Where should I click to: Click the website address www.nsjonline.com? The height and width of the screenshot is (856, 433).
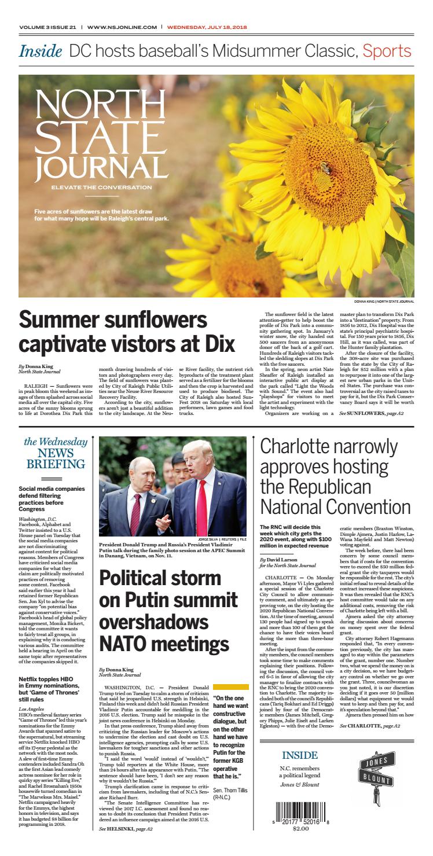(122, 27)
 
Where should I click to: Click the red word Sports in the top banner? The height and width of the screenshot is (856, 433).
(387, 51)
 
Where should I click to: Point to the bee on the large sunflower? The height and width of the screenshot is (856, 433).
(326, 168)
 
